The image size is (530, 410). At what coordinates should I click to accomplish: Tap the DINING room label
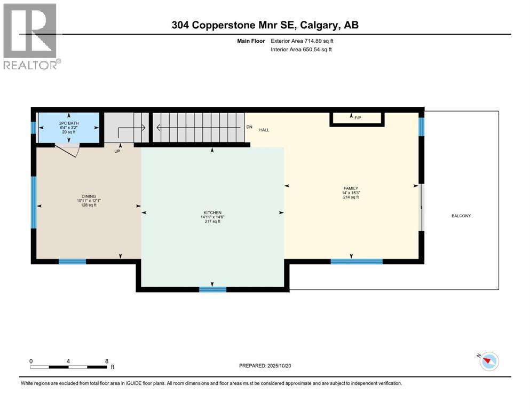(x=89, y=197)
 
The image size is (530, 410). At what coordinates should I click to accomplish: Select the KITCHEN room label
(x=212, y=212)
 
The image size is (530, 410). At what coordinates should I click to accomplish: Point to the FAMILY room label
(x=351, y=188)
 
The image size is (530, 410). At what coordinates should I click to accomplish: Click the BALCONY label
(x=461, y=216)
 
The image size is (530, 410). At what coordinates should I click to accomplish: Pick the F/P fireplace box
(x=357, y=119)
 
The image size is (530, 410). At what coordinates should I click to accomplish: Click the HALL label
(x=265, y=130)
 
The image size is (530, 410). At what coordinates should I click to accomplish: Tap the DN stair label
(x=249, y=127)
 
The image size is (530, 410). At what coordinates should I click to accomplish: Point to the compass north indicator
(x=488, y=361)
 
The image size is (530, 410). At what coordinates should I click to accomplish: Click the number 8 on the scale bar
(x=107, y=361)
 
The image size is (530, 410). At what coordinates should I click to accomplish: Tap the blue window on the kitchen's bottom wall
(x=212, y=289)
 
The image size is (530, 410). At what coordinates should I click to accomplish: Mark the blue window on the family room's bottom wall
(x=357, y=261)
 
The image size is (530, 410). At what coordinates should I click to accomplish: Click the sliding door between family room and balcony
(x=422, y=208)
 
